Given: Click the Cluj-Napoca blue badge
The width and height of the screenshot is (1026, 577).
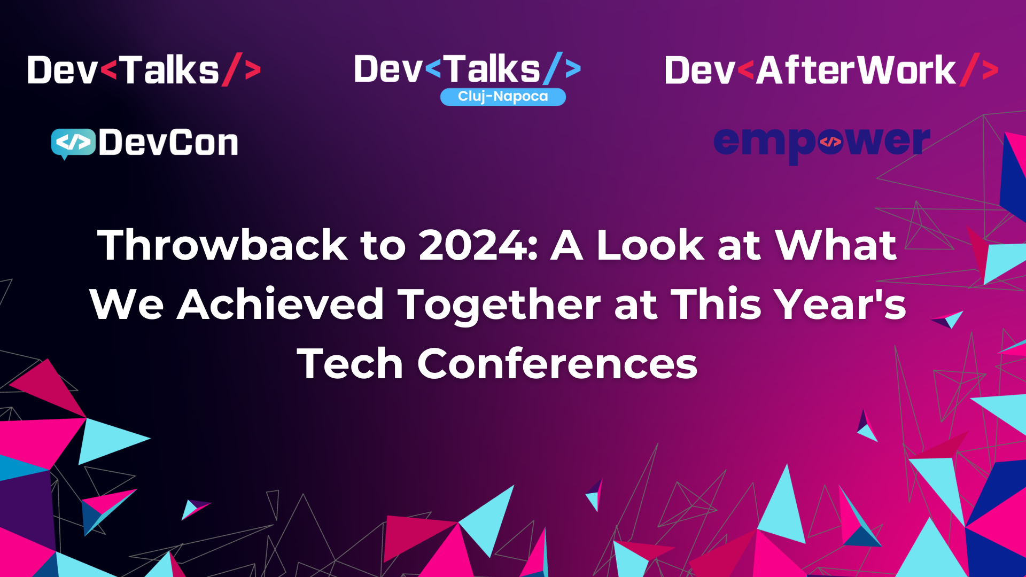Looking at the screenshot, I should tap(503, 97).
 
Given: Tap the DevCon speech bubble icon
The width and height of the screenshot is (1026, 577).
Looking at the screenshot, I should tap(73, 143).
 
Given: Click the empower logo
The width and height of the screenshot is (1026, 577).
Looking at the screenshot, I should tap(821, 142).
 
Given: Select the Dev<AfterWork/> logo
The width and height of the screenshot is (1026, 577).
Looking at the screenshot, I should tap(831, 71).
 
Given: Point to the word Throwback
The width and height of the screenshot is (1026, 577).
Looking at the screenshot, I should tap(222, 245).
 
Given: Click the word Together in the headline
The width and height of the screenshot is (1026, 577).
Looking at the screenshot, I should tap(500, 305).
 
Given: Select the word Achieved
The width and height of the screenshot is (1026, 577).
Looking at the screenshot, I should tap(281, 305).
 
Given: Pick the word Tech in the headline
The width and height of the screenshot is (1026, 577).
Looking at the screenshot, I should tap(350, 364).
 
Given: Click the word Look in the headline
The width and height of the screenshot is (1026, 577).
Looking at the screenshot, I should tap(650, 245).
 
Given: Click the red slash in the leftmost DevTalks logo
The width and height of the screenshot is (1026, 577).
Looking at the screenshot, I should tap(232, 69).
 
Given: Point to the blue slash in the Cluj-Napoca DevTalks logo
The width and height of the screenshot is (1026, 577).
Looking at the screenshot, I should tap(553, 68).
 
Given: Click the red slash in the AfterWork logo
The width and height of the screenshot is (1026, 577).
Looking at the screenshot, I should tap(969, 69).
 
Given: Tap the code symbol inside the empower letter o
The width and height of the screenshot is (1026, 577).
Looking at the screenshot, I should tap(830, 142).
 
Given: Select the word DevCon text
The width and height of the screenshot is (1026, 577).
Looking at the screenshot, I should tap(168, 143).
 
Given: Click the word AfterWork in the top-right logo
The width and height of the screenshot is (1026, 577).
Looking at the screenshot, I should tap(856, 71).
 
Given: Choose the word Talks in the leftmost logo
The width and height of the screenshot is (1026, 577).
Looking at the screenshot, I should tap(169, 71).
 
